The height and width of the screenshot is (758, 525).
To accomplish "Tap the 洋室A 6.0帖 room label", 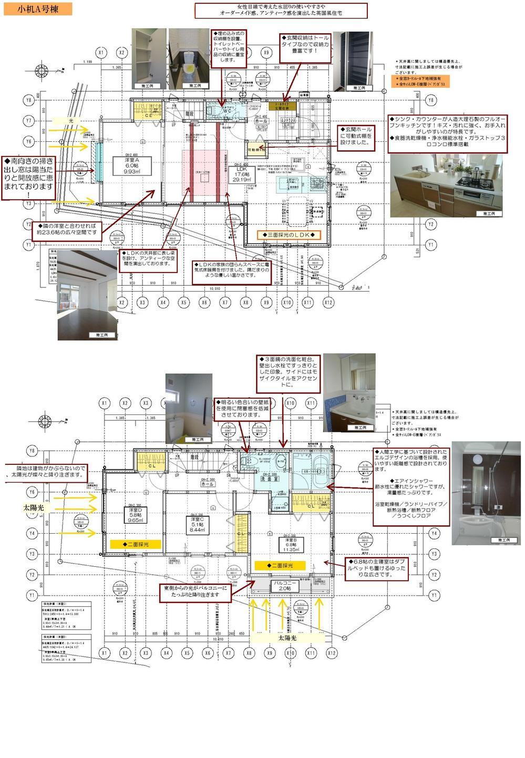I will click(131, 165).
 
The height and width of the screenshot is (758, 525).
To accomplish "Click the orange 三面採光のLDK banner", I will click(289, 235).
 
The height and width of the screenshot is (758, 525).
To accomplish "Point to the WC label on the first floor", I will click(227, 111).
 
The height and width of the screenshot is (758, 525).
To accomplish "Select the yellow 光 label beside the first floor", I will click(71, 121).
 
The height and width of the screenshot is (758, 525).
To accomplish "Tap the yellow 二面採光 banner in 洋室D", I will click(135, 544).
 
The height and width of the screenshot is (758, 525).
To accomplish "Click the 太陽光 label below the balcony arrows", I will click(287, 638).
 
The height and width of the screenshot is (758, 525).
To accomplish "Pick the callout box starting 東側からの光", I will click(195, 591).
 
